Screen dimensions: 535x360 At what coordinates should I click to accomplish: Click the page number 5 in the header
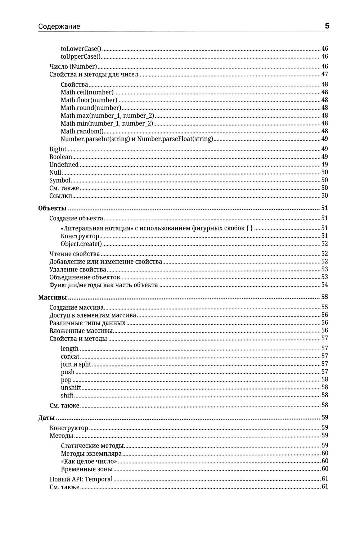(327, 26)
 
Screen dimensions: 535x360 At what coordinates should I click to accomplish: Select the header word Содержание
(59, 26)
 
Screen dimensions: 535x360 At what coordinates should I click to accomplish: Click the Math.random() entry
(82, 131)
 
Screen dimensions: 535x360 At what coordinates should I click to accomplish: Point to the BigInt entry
(58, 149)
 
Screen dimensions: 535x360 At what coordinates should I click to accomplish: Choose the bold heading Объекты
(53, 208)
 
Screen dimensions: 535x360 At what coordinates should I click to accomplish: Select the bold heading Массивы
(53, 298)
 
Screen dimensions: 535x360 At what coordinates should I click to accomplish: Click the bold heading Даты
(46, 418)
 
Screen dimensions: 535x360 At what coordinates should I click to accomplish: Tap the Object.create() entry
(81, 244)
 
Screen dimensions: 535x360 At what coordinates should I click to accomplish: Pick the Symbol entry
(60, 180)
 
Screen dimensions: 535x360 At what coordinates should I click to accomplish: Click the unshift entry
(71, 387)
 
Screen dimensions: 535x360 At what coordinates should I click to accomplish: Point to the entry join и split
(76, 364)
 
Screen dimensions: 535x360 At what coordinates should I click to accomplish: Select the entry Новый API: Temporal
(81, 479)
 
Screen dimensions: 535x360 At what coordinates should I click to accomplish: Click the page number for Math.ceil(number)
(324, 92)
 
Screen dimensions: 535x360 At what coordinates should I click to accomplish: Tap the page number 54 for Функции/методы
(324, 285)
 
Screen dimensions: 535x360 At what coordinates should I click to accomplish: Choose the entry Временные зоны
(87, 469)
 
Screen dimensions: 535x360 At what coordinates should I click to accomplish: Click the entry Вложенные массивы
(81, 331)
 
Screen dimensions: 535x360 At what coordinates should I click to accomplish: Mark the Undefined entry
(64, 165)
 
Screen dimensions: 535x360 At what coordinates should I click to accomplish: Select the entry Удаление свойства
(78, 269)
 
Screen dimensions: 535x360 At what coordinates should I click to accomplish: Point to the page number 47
(324, 75)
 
